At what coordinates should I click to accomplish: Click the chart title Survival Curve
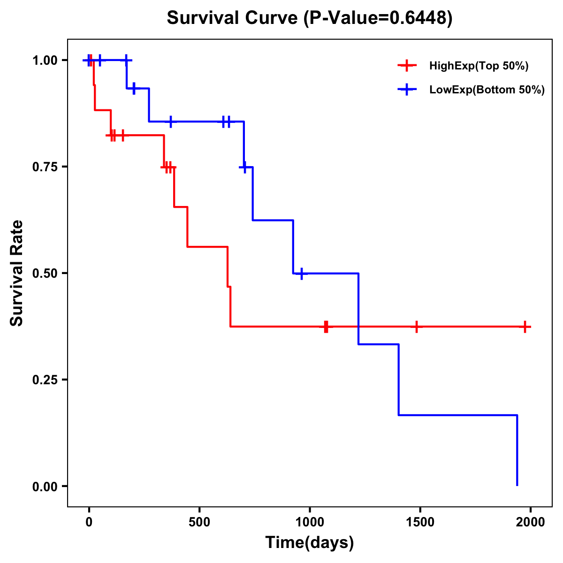coord(232,18)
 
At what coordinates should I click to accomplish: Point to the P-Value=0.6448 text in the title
coord(378,18)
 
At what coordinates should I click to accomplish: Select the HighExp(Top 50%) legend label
coord(479,66)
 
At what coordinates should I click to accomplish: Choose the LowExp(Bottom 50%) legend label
coord(487,90)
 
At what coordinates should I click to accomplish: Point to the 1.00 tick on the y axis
coord(45,61)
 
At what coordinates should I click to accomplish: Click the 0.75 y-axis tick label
coord(45,167)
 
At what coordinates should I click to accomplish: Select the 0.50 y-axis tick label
coord(45,274)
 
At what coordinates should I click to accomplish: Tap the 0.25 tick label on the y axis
coord(45,380)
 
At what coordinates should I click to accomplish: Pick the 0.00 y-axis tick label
coord(45,487)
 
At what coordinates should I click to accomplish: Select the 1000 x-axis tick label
coord(310,522)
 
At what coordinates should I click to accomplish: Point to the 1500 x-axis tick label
coord(420,522)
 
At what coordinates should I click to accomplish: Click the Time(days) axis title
coord(310,543)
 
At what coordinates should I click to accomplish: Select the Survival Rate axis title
coord(17,273)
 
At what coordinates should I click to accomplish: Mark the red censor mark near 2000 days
coord(525,327)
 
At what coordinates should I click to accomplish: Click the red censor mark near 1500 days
coord(416,327)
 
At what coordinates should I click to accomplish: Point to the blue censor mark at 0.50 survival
coord(301,273)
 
